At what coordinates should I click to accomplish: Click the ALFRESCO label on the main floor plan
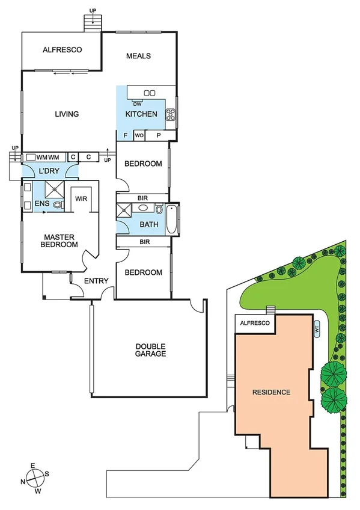tap(63, 50)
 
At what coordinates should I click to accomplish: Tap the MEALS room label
tap(138, 56)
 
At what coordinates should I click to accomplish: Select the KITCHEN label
tap(141, 114)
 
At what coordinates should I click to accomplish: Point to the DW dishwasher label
tap(137, 104)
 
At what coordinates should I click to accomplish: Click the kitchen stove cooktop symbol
tap(170, 114)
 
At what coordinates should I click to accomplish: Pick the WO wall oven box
tap(139, 136)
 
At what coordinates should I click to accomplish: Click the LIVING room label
tap(67, 114)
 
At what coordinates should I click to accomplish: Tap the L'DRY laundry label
tap(50, 171)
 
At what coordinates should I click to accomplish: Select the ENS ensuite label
tap(41, 204)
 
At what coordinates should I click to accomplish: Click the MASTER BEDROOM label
tap(59, 241)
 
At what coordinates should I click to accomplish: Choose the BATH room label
tap(149, 225)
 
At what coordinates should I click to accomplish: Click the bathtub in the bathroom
tap(171, 221)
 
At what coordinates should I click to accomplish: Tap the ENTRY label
tap(96, 281)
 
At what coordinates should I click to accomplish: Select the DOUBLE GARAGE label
tap(150, 350)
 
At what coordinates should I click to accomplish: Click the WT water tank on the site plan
tap(317, 329)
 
